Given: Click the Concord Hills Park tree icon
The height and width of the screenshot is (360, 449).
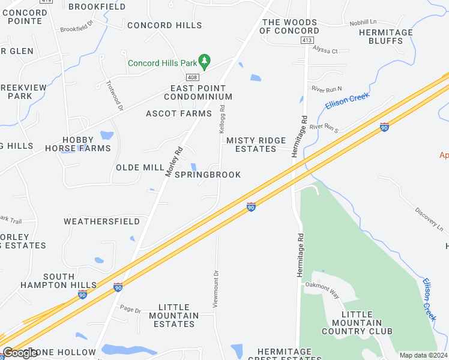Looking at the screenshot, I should tap(205, 60).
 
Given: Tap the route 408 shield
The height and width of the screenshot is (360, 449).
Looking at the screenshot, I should tap(192, 77).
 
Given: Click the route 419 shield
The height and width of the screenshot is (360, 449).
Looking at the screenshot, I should tap(43, 1).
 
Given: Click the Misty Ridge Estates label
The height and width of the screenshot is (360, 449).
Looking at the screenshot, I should tap(256, 145).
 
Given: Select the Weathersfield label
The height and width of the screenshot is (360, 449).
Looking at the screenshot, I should tap(102, 221).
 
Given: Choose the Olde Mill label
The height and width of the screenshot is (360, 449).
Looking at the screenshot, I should tap(140, 167).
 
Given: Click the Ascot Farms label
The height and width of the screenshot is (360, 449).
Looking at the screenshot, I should tap(179, 113).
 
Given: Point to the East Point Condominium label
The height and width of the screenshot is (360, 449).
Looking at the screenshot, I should tap(197, 92).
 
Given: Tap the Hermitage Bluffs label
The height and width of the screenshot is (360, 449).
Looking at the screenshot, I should tap(386, 37).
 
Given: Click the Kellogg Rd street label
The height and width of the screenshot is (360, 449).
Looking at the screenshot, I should tap(221, 119).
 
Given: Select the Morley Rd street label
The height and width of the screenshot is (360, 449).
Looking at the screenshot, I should tap(173, 161).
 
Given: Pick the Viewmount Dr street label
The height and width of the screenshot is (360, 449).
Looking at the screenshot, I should tap(215, 289).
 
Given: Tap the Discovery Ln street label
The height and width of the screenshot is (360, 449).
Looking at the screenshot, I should tap(429, 220).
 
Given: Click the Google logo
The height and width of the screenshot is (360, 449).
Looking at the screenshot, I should tap(20, 353).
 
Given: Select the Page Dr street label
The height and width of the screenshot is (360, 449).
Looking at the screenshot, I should tap(130, 310).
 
